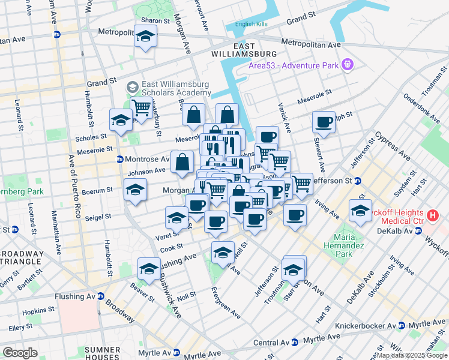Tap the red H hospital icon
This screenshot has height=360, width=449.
[432, 215]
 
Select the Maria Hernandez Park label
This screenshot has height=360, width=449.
[344, 245]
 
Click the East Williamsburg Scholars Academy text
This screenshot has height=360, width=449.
[176, 89]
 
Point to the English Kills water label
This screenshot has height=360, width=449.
[250, 24]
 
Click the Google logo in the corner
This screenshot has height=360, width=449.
[20, 353]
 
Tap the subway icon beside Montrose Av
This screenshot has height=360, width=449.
[120, 159]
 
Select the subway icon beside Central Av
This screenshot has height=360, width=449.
[295, 343]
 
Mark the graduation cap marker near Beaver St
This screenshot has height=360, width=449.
[149, 268]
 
